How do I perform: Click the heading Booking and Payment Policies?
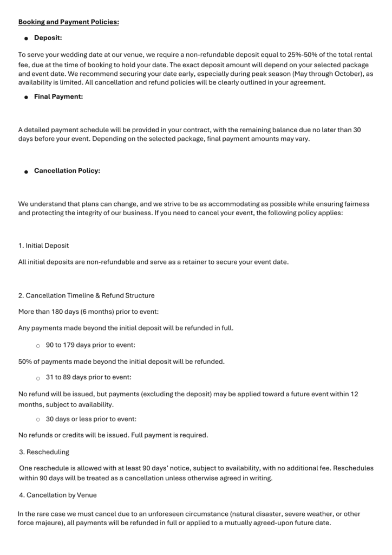(69, 22)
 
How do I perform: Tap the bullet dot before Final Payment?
(26, 98)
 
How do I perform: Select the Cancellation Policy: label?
(67, 171)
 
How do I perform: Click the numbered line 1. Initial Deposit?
(43, 246)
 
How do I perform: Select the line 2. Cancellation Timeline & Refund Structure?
(86, 295)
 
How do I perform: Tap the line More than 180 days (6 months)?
(88, 312)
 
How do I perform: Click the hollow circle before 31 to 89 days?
(38, 378)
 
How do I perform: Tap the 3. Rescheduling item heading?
(44, 451)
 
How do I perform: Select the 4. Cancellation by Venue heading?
(57, 495)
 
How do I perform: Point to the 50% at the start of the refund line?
(25, 362)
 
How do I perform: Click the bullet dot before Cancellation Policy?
(26, 172)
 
